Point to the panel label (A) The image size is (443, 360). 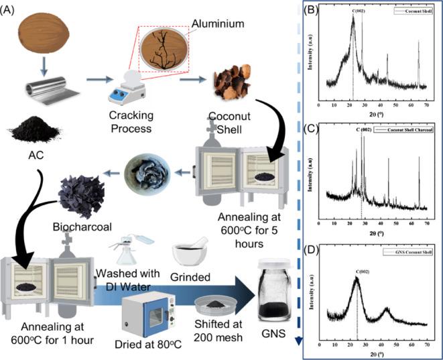(x=11, y=9)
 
